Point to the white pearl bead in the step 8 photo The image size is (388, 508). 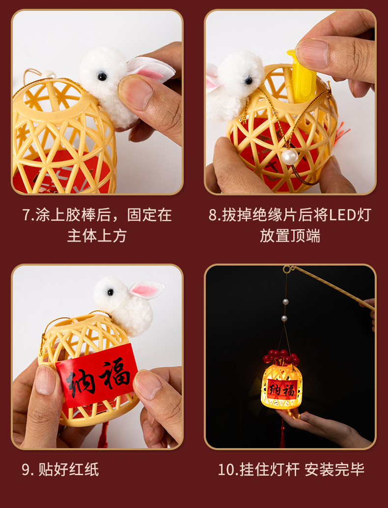[x=289, y=157]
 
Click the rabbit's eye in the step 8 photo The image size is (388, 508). [x=249, y=81]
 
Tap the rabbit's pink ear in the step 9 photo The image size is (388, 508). [x=146, y=289]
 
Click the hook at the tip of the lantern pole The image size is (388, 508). [x=287, y=269]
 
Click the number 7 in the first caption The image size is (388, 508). [x=27, y=215]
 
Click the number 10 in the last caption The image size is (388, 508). [x=226, y=470]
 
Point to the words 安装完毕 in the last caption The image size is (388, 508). [x=334, y=470]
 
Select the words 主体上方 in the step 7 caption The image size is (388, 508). [x=97, y=236]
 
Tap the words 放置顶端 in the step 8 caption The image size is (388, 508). [x=290, y=236]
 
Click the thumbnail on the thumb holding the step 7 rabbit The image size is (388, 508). [x=135, y=92]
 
